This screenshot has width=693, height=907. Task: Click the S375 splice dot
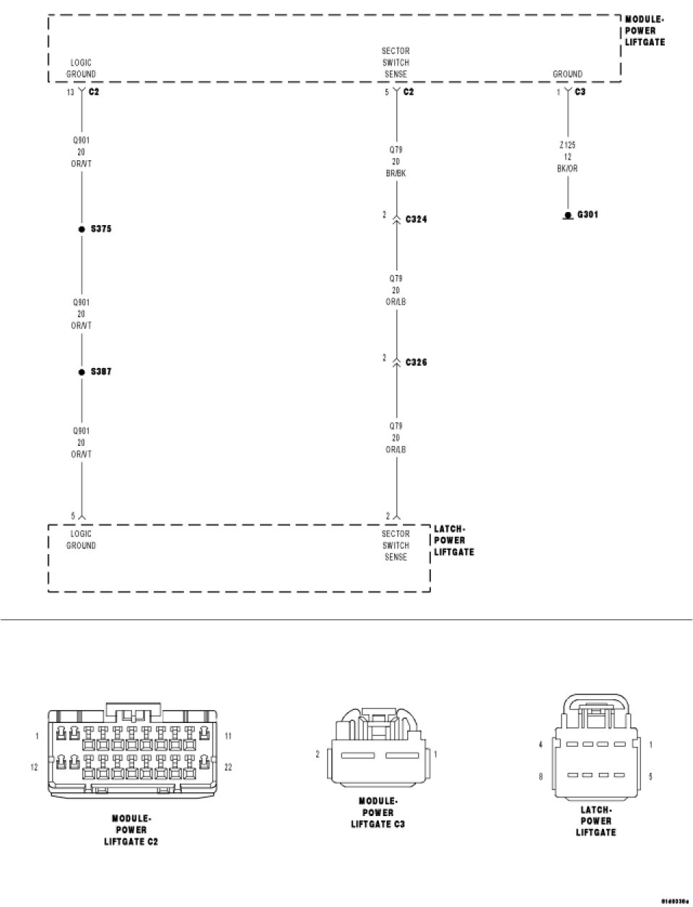82,229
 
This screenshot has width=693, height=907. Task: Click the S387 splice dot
82,372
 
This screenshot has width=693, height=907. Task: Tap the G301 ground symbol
568,215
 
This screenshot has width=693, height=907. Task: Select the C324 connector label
417,219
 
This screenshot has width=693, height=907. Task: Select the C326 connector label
417,362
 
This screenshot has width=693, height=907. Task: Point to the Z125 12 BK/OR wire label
567,157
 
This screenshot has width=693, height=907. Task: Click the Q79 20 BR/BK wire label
396,162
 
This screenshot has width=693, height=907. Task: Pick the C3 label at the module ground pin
581,92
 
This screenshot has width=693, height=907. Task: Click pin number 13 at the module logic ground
70,92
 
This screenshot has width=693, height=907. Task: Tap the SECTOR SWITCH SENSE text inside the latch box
396,545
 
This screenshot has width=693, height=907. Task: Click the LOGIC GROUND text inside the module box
81,69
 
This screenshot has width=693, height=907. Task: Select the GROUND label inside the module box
567,74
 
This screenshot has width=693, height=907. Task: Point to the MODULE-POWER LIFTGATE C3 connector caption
378,812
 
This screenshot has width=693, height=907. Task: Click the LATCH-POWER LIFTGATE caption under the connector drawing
596,820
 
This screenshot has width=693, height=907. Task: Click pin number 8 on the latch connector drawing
540,777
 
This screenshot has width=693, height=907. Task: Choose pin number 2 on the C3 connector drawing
318,754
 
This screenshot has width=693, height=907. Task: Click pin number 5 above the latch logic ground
73,516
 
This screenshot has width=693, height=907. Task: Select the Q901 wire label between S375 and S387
81,314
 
